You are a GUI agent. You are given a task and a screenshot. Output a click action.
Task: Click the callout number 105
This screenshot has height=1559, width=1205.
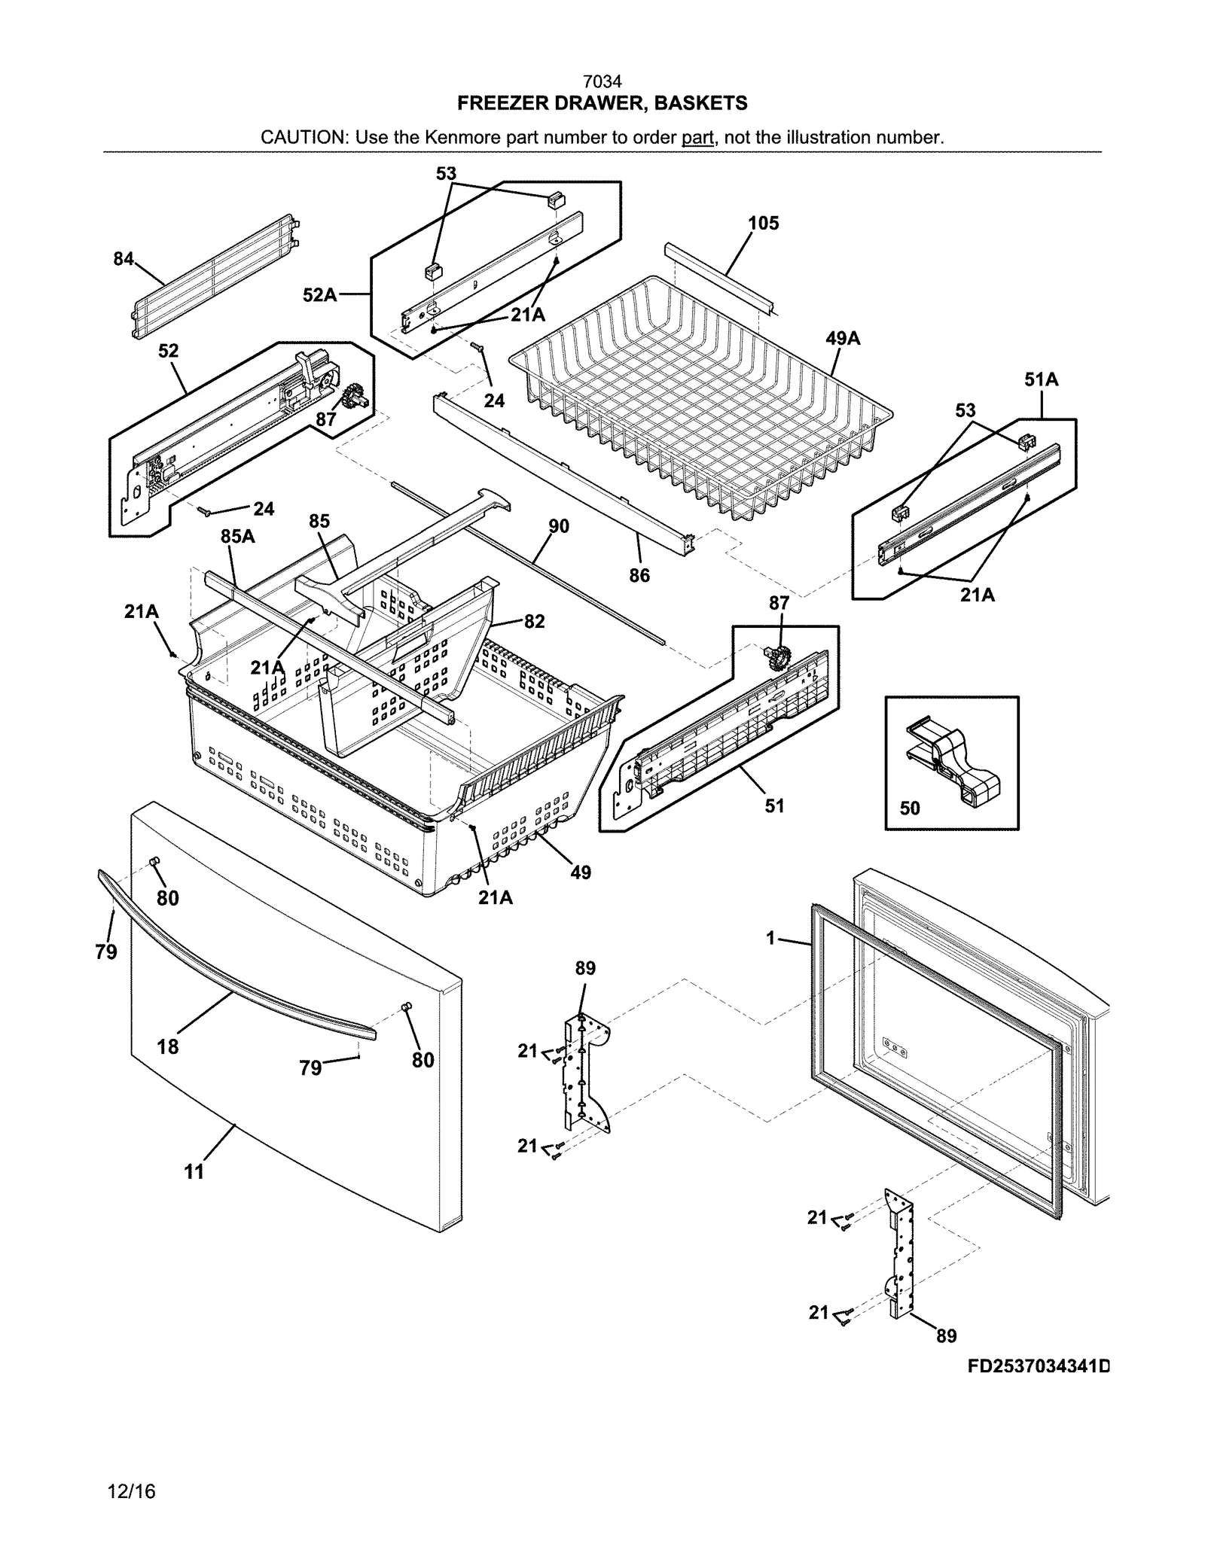763,223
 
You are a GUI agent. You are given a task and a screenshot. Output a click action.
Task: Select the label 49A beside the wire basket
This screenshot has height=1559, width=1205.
843,339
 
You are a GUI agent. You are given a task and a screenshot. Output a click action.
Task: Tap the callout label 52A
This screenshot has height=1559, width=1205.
319,295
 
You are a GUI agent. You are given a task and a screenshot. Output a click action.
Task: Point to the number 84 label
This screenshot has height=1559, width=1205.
124,259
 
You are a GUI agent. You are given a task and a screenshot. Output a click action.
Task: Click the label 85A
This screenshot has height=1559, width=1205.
237,536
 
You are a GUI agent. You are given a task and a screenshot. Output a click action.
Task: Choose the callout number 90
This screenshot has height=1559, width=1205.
558,526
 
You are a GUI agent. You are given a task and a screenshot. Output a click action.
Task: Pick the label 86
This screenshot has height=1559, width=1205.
639,575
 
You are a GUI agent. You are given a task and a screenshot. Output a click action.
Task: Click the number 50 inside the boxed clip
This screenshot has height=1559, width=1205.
910,808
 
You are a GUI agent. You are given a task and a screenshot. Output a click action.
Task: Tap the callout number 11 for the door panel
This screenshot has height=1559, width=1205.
194,1171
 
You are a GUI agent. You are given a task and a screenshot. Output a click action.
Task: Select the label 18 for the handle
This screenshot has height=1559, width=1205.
168,1046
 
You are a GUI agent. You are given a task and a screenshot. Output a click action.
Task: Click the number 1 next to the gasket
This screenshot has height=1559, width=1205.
770,939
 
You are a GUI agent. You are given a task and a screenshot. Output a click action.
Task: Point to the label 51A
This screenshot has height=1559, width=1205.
1041,379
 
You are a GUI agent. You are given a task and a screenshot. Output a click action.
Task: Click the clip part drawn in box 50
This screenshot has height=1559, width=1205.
955,760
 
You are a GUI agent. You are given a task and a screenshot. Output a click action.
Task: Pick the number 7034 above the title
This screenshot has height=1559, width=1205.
602,81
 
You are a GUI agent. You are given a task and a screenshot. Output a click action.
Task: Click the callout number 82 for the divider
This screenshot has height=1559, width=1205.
534,621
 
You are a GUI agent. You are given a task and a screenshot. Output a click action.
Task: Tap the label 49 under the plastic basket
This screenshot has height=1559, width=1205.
581,872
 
